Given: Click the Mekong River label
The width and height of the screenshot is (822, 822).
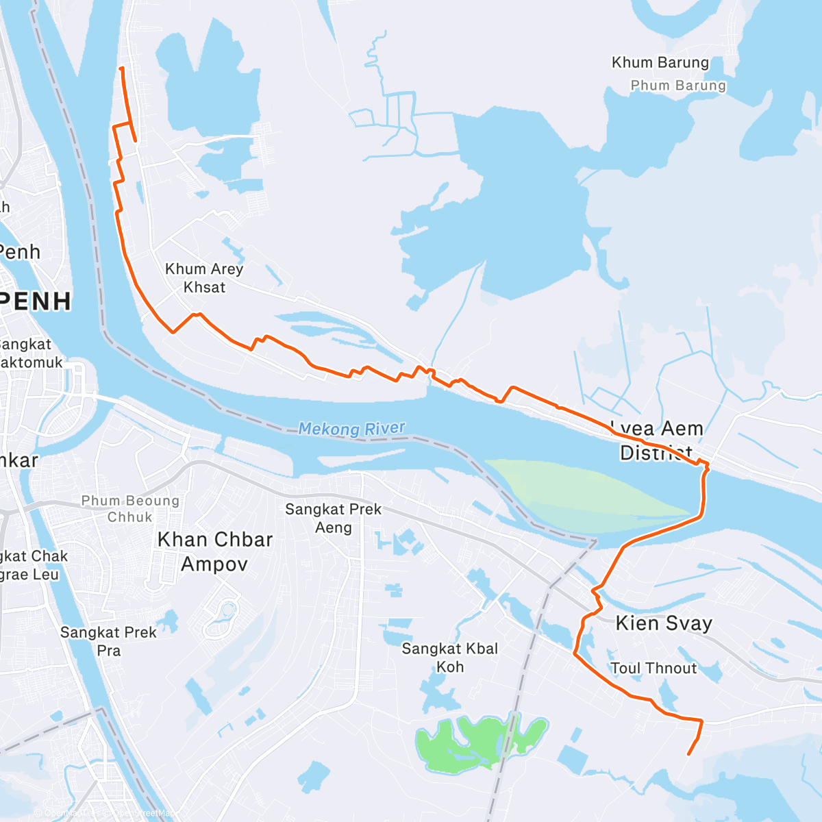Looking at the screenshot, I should [351, 429].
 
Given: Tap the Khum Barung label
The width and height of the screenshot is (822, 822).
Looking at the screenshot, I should [660, 62].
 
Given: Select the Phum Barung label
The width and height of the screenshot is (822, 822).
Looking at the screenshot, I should [677, 86].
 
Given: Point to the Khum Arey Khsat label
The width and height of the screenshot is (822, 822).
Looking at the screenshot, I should [204, 278].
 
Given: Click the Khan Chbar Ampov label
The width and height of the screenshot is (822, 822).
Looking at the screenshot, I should [215, 551].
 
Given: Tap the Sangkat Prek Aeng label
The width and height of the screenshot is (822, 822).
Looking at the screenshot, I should [333, 518].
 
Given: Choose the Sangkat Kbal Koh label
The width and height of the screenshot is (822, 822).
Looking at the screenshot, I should [449, 658].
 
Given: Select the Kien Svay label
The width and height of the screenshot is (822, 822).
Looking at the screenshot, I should [663, 623].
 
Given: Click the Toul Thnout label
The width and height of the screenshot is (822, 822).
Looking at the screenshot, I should [653, 668].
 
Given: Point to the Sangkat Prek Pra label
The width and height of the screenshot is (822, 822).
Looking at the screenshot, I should [108, 641].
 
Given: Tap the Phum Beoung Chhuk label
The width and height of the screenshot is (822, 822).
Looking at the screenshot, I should [130, 509].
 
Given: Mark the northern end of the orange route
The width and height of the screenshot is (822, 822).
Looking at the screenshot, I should [121, 68].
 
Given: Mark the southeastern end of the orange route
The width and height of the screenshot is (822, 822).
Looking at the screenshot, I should [688, 754].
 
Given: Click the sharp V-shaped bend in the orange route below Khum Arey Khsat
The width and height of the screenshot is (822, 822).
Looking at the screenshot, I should [173, 332].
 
